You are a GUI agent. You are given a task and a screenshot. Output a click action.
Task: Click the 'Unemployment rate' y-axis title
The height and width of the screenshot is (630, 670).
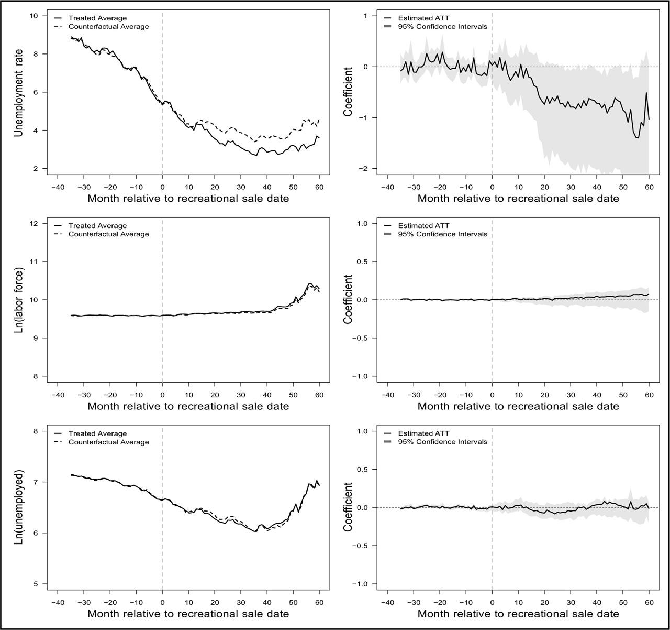pos(18,93)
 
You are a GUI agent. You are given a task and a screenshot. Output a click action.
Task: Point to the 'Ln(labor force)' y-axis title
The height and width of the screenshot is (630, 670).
pos(18,300)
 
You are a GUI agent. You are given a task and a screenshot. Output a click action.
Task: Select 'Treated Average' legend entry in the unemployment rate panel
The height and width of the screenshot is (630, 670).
pos(97,18)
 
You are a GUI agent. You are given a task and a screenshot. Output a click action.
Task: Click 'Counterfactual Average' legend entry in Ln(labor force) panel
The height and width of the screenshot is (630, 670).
pos(109,234)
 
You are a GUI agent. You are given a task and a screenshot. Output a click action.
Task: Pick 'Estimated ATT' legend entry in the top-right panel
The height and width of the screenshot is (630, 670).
pos(424,18)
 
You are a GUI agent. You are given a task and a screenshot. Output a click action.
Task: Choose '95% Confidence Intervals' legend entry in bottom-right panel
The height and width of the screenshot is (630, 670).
pos(443,441)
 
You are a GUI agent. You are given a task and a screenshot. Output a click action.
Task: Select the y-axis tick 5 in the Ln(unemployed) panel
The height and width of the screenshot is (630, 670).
pos(36,584)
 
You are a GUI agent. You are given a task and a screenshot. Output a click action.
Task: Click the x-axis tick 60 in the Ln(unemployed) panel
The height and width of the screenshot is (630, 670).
pos(319,602)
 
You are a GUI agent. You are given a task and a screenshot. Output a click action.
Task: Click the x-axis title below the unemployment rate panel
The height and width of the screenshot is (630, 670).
pos(188,198)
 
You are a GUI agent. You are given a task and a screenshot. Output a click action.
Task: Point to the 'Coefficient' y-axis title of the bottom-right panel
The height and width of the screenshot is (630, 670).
pos(348,507)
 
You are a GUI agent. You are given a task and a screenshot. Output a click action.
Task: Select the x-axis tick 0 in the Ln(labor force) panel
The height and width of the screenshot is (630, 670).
pos(162,395)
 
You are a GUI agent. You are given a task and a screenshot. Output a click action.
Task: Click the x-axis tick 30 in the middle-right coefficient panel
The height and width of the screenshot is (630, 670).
pos(571,395)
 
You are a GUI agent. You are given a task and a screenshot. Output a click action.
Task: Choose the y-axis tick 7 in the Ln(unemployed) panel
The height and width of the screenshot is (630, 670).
pos(36,482)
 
